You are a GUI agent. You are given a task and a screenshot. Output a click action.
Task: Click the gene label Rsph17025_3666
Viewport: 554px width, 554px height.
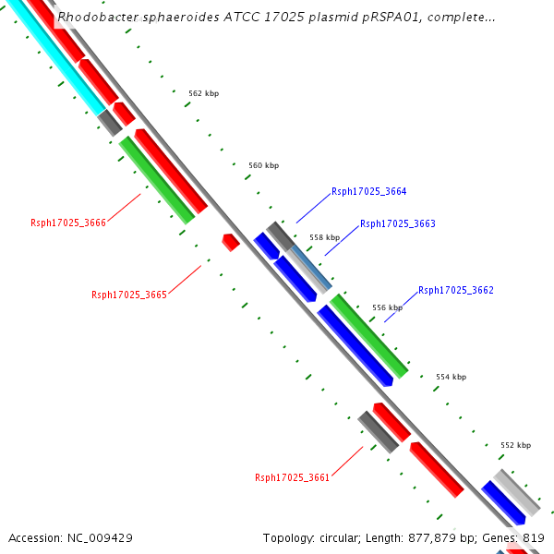[68, 223]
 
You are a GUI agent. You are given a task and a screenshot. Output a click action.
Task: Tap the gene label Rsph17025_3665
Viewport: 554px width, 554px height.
[128, 295]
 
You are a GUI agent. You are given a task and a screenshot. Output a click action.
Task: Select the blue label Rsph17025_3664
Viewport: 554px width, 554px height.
[368, 192]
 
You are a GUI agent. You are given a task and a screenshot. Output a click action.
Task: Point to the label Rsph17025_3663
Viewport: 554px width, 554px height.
[397, 223]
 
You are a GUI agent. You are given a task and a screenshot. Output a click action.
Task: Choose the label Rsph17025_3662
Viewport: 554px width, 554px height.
[455, 290]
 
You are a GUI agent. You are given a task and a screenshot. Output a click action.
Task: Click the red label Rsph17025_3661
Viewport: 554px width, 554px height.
[292, 477]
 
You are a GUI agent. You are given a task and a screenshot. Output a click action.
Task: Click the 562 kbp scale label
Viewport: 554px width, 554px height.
[203, 93]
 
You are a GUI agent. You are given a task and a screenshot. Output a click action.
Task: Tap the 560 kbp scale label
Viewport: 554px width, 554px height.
[263, 165]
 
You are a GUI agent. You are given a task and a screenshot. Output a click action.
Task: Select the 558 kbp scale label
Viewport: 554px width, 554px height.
[324, 237]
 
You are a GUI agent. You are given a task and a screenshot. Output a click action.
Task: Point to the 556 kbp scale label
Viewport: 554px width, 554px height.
[387, 307]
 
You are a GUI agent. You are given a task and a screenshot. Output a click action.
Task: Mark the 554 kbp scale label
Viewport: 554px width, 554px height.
[451, 377]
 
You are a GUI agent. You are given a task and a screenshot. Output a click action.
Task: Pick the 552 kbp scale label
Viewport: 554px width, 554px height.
[515, 445]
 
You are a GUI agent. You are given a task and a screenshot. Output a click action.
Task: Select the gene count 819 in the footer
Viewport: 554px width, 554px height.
[533, 537]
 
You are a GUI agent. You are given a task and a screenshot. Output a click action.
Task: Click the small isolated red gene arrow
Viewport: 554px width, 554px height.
[231, 242]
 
